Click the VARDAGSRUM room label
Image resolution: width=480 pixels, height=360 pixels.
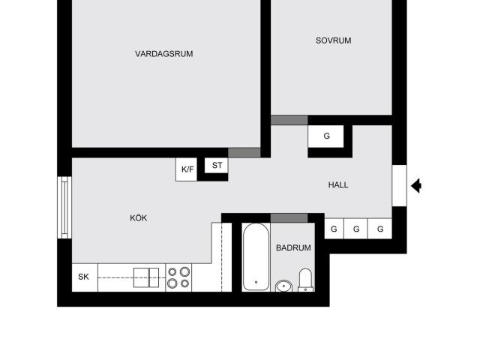click(x=163, y=54)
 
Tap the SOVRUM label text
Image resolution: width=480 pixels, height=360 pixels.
click(x=333, y=40)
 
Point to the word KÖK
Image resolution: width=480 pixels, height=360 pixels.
click(x=138, y=218)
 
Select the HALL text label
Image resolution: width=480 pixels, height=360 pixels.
click(x=338, y=185)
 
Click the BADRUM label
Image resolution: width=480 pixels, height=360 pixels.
click(x=293, y=247)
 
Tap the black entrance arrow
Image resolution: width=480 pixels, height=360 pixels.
click(x=416, y=186)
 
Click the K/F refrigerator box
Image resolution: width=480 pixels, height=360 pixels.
click(x=187, y=169)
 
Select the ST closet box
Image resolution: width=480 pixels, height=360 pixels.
click(x=217, y=166)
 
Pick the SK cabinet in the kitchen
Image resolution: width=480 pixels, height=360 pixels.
click(x=85, y=277)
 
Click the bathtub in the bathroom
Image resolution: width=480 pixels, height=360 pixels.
click(x=256, y=256)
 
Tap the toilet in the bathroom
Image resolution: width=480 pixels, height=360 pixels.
click(x=305, y=280)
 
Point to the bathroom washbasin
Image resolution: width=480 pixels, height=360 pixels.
click(x=283, y=286)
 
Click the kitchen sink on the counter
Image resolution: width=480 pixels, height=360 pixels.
click(x=146, y=277)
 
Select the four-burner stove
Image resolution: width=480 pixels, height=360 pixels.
click(x=178, y=277)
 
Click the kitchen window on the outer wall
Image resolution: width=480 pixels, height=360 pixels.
click(x=64, y=208)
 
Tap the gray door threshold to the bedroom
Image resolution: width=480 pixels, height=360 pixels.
click(x=289, y=120)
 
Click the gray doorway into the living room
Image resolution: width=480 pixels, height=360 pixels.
click(x=244, y=153)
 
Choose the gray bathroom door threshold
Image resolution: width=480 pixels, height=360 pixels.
click(x=289, y=218)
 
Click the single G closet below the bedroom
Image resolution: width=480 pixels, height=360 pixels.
click(x=325, y=136)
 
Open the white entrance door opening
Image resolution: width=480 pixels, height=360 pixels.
click(x=400, y=186)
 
